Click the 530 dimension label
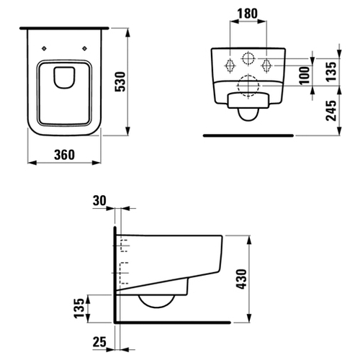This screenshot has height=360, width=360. tap(120, 81)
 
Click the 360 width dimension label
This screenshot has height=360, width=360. tap(64, 155)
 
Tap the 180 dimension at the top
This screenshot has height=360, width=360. tap(248, 14)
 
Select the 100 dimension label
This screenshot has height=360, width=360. tap(305, 76)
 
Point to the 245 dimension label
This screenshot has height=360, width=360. tap(331, 110)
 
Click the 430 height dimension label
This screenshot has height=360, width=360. tap(242, 279)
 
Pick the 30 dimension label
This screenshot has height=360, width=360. tap(99, 201)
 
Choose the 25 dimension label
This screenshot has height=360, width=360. tap(99, 341)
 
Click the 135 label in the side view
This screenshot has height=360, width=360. tap(79, 308)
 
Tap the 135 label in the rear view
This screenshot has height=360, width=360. tap(331, 72)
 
